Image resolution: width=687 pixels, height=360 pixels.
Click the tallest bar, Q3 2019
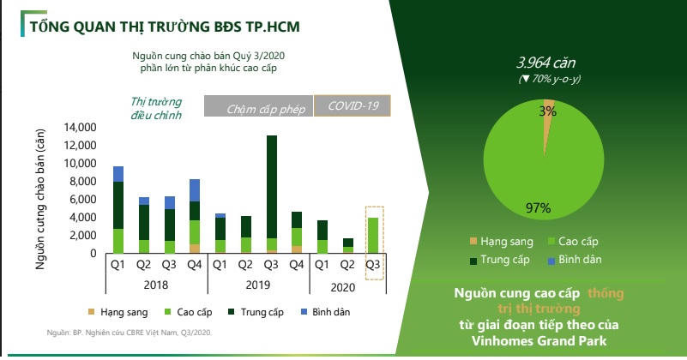(x=272, y=195)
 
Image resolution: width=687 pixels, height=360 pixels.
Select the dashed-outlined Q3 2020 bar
(x=373, y=236)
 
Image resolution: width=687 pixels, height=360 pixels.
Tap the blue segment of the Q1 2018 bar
(x=118, y=174)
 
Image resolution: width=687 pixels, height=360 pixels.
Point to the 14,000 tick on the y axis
(x=80, y=128)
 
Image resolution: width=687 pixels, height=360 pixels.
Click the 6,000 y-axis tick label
(x=83, y=199)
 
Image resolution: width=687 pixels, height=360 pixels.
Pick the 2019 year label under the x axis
(x=257, y=285)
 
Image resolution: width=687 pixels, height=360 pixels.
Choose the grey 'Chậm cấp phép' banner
(x=258, y=106)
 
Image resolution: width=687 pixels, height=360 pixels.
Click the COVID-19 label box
(x=353, y=105)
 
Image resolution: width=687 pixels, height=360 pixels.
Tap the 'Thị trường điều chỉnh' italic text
(x=156, y=108)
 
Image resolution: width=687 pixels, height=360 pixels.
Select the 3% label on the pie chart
(x=548, y=111)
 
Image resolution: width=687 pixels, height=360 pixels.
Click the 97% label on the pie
(x=538, y=207)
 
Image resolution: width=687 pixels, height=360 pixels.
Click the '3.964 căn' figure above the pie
(x=546, y=63)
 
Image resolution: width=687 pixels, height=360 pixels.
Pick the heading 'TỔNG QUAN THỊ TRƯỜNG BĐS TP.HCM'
(x=165, y=27)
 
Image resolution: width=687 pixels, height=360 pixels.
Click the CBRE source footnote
(x=130, y=333)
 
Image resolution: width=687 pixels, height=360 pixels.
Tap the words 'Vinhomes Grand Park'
(x=539, y=341)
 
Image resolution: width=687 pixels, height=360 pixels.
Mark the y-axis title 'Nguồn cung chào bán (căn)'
(x=40, y=199)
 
